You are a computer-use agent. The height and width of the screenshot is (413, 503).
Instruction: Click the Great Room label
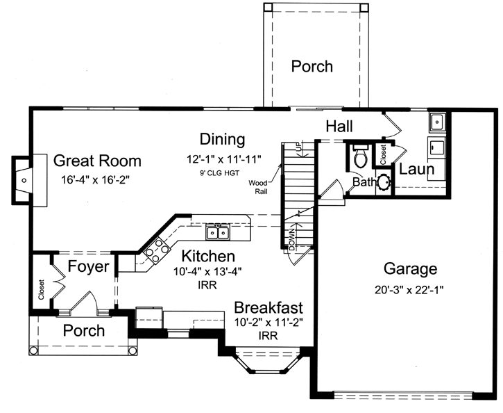pyautogui.click(x=97, y=161)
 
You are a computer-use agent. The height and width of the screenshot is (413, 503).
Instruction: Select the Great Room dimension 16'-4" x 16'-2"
pyautogui.click(x=97, y=179)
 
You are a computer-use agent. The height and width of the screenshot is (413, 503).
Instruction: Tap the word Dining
pyautogui.click(x=222, y=139)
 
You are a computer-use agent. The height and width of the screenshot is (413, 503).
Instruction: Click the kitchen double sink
pyautogui.click(x=217, y=232)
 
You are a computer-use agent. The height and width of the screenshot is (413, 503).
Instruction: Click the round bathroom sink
pyautogui.click(x=383, y=183)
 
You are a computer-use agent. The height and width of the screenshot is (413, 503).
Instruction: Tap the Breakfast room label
pyautogui.click(x=268, y=307)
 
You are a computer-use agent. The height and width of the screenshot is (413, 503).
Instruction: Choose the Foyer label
pyautogui.click(x=88, y=266)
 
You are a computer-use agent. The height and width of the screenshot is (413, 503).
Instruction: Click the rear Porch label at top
pyautogui.click(x=312, y=66)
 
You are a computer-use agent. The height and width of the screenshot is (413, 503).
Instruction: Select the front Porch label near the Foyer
pyautogui.click(x=84, y=330)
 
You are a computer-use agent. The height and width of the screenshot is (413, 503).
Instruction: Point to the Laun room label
pyautogui.click(x=416, y=169)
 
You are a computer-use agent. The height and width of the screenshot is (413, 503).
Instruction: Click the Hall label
pyautogui.click(x=339, y=126)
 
